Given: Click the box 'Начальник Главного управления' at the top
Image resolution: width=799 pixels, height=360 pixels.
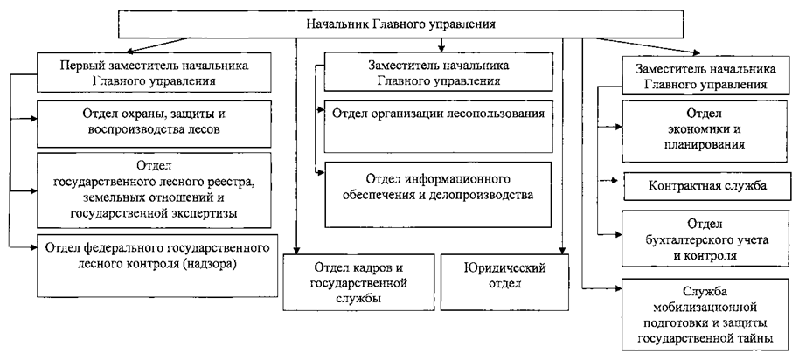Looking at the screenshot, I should [401, 24].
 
